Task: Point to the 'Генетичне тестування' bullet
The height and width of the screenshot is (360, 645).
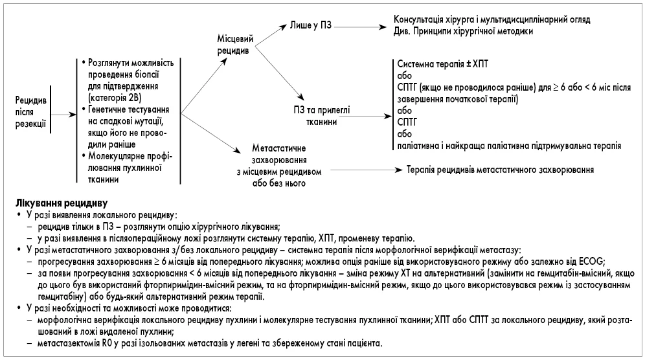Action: [x=124, y=112]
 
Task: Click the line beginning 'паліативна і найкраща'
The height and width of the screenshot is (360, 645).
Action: [x=508, y=146]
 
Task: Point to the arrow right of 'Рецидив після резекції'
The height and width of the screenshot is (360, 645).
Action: [x=60, y=113]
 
